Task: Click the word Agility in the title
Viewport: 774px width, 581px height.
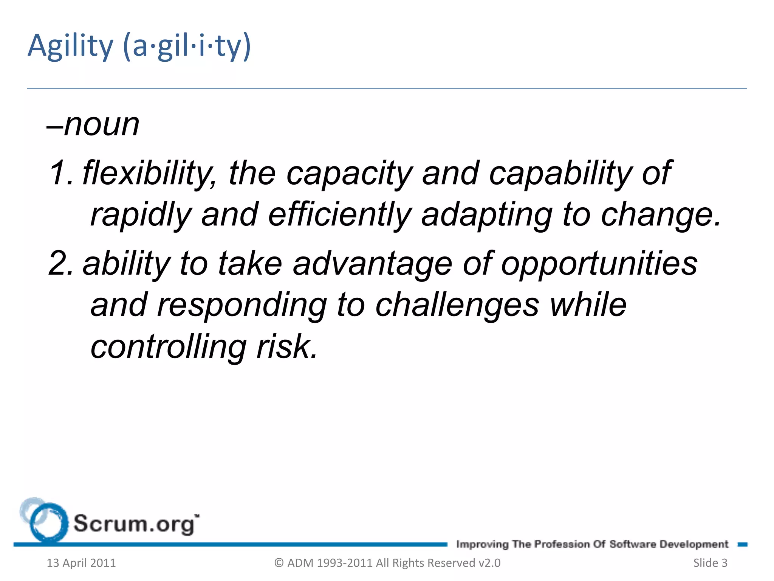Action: pyautogui.click(x=70, y=46)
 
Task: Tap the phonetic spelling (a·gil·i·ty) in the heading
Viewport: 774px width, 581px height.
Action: pyautogui.click(x=187, y=46)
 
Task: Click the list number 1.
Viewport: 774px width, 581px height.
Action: pyautogui.click(x=60, y=173)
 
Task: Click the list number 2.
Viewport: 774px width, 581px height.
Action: pyautogui.click(x=60, y=263)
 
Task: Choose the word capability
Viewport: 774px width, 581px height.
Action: pyautogui.click(x=560, y=173)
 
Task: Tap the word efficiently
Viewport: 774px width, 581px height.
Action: pyautogui.click(x=339, y=214)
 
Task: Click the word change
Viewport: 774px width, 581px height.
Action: pyautogui.click(x=661, y=214)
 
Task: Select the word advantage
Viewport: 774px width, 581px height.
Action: pyautogui.click(x=372, y=263)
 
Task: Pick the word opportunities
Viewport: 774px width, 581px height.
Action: pyautogui.click(x=599, y=263)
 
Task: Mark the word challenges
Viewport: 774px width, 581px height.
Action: pyautogui.click(x=457, y=305)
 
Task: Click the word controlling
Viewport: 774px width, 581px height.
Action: pyautogui.click(x=169, y=346)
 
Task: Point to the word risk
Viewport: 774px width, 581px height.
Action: pyautogui.click(x=287, y=346)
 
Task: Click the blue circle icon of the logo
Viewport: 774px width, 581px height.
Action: pyautogui.click(x=48, y=522)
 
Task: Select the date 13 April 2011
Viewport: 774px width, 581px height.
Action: pyautogui.click(x=81, y=563)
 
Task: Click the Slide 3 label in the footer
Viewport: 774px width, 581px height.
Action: pyautogui.click(x=710, y=563)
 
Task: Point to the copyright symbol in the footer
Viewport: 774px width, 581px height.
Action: pyautogui.click(x=279, y=563)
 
